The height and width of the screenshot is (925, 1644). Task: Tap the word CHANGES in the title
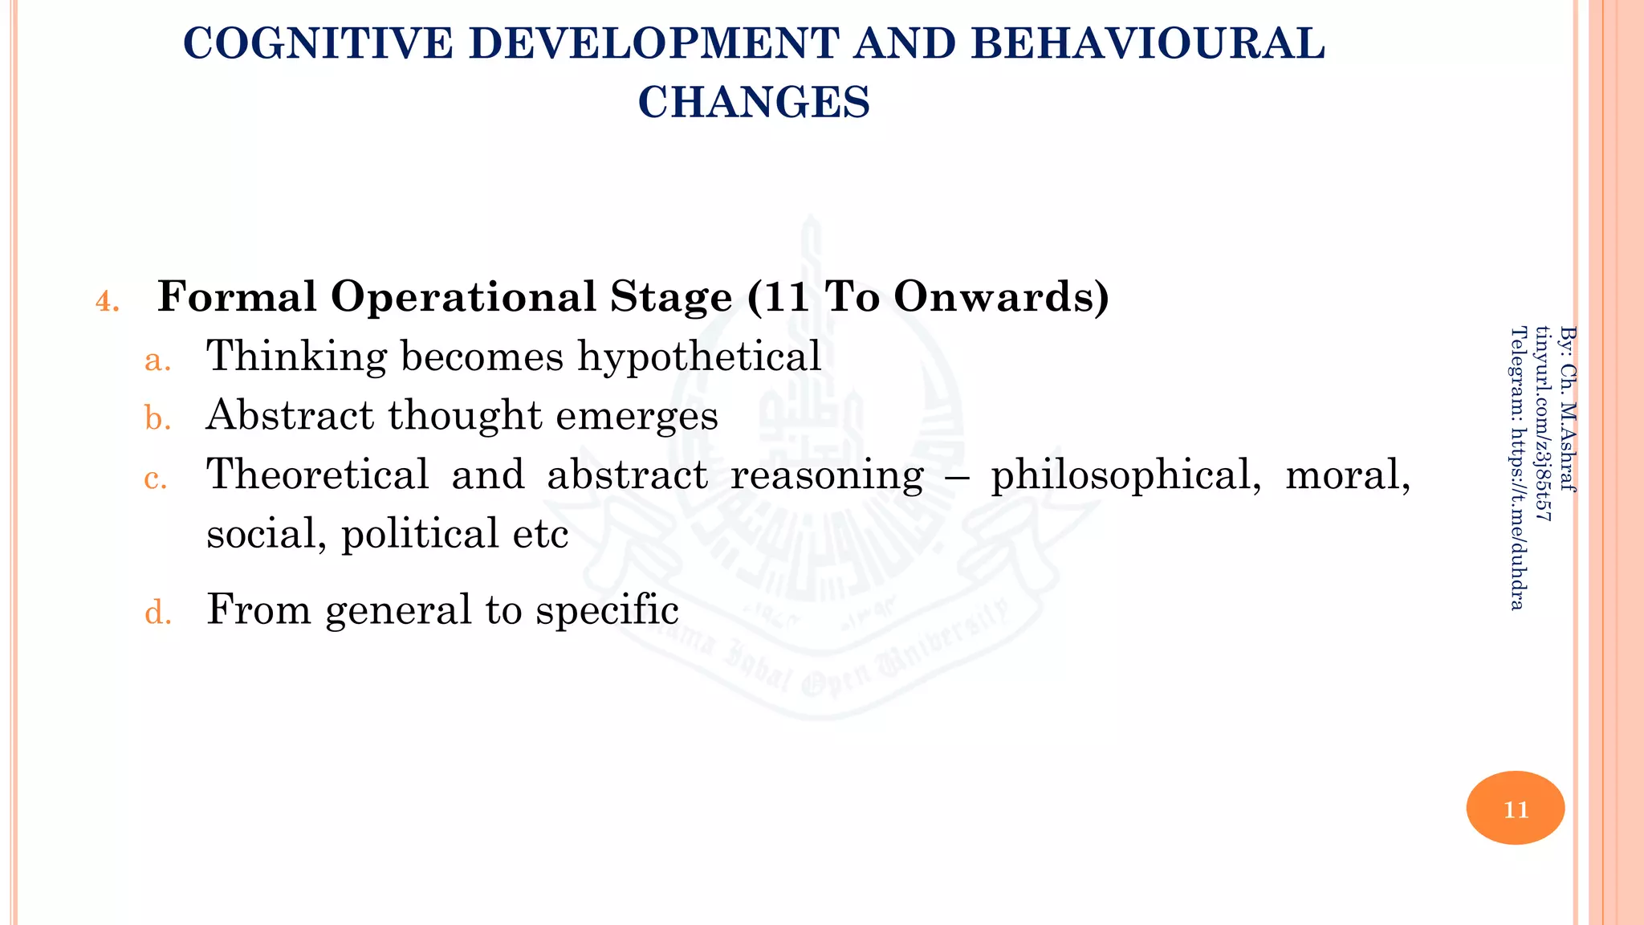click(754, 102)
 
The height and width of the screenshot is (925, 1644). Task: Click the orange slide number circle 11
click(1515, 808)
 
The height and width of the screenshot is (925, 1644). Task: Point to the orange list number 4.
click(107, 303)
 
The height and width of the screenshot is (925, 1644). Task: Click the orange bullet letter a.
click(157, 361)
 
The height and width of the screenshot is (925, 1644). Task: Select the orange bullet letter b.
click(157, 419)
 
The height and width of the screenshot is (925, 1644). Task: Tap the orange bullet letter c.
click(156, 479)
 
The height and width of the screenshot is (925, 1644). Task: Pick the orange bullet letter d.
click(158, 613)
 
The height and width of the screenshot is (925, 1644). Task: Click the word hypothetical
click(699, 357)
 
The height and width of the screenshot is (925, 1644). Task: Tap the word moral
click(1348, 475)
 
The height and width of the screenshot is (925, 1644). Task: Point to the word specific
click(607, 610)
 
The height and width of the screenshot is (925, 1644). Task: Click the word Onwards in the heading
click(1001, 296)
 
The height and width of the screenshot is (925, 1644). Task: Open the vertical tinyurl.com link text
click(1543, 423)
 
